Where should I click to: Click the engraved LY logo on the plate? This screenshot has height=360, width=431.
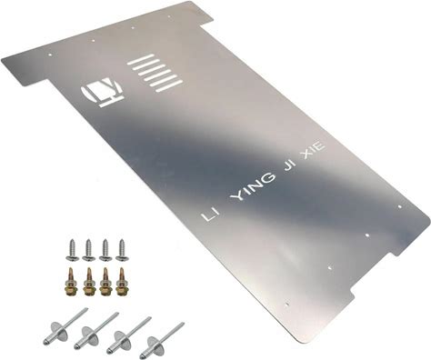[102, 92]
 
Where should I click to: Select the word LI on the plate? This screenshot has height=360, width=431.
[208, 216]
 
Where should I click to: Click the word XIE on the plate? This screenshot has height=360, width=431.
[314, 152]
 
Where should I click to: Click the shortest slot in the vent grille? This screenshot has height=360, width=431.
[140, 59]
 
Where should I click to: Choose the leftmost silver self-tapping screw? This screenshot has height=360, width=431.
[73, 250]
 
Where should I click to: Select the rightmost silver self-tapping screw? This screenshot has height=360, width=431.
[122, 250]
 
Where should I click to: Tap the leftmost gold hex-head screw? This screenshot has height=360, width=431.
[71, 282]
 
